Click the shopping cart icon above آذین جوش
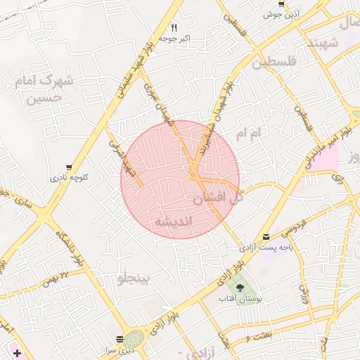pyautogui.click(x=281, y=4)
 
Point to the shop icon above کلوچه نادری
pyautogui.click(x=68, y=167)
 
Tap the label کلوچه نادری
pyautogui.click(x=68, y=178)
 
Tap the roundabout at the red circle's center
pyautogui.click(x=193, y=174)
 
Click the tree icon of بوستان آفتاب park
pyautogui.click(x=240, y=288)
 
